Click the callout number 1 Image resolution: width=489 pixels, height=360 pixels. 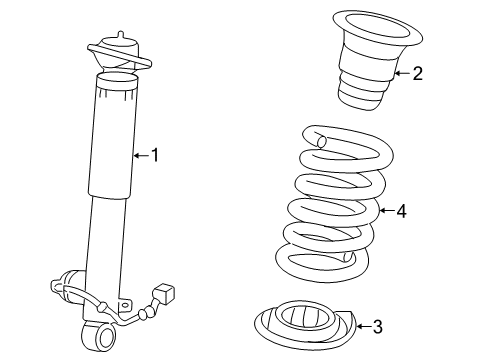155,154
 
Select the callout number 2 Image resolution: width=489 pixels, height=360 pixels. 417,72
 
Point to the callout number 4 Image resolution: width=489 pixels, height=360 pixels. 401,210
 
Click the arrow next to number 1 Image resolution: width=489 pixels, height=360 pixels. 141,154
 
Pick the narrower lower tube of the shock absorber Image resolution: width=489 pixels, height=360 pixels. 108,240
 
